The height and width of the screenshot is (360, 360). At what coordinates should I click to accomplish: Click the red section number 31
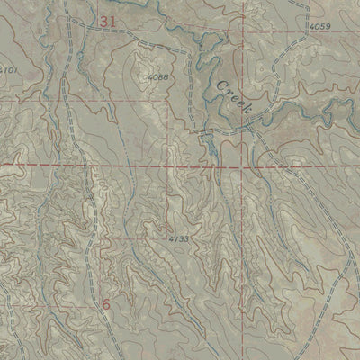pyautogui.click(x=109, y=20)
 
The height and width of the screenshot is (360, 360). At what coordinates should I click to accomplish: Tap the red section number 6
pyautogui.click(x=105, y=304)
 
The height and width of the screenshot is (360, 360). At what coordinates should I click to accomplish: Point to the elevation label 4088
pyautogui.click(x=159, y=78)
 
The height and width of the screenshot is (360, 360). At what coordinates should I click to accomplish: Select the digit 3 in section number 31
pyautogui.click(x=104, y=20)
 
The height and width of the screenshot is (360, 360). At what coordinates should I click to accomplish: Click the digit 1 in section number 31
pyautogui.click(x=113, y=20)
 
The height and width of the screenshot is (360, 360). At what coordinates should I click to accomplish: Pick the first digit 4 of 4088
pyautogui.click(x=150, y=78)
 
